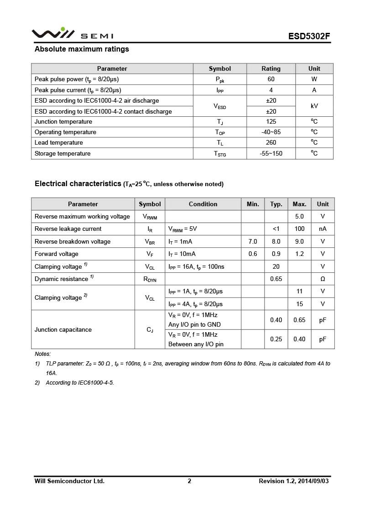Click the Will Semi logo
(72, 34)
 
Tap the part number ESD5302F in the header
(309, 36)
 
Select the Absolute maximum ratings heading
(82, 49)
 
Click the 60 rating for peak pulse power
(271, 79)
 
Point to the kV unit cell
(314, 106)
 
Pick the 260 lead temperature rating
(271, 143)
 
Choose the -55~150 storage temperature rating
(271, 154)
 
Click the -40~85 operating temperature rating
(271, 132)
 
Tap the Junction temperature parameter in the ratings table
(63, 122)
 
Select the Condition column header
(203, 204)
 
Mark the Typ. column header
(276, 204)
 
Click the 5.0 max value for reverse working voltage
(299, 217)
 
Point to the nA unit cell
(323, 229)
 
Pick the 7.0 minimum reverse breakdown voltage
(253, 242)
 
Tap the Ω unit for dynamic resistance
(323, 279)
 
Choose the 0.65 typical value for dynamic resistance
(276, 279)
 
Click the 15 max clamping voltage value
(299, 304)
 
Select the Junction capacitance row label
(63, 330)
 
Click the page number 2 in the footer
(189, 481)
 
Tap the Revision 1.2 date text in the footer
(293, 481)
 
